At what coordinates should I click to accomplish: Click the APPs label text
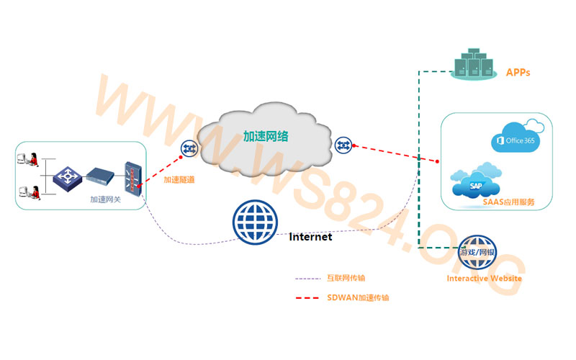click(x=518, y=73)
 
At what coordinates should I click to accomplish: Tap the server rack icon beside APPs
click(x=473, y=64)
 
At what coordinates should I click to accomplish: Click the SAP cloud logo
click(x=474, y=184)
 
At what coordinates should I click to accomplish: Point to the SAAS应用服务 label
click(x=508, y=202)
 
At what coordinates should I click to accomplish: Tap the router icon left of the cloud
click(x=190, y=148)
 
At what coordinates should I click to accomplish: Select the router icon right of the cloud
click(x=343, y=145)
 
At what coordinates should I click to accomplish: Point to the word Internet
click(x=310, y=236)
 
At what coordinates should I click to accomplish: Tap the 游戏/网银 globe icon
click(x=477, y=251)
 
